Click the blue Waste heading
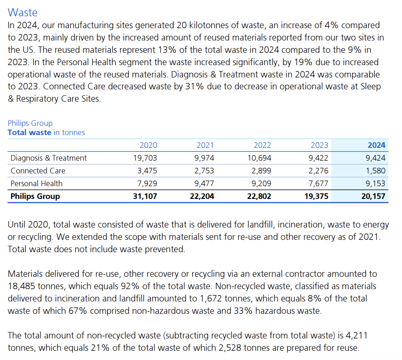[22, 12]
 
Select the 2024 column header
[376, 145]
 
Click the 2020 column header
[148, 145]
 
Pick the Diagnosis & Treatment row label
[48, 158]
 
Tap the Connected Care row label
[38, 171]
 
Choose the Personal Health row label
[37, 184]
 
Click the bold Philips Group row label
[35, 196]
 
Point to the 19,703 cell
[145, 158]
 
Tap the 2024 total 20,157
[373, 196]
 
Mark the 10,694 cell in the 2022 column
[259, 158]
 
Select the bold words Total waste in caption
[29, 132]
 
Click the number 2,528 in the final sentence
[255, 348]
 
